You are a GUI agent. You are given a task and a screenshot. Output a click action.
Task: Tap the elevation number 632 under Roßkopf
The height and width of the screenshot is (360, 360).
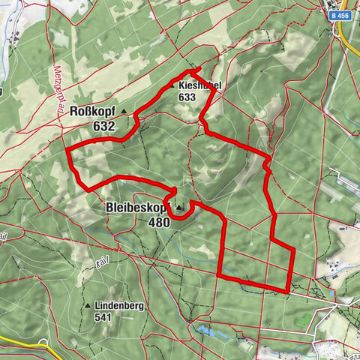[104, 126]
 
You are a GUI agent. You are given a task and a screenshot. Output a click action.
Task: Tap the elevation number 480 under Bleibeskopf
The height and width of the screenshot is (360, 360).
[158, 222]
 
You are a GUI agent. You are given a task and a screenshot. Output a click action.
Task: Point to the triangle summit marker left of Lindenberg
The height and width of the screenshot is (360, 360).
[89, 306]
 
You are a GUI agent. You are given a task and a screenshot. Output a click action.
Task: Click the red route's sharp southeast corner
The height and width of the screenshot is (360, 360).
[289, 289]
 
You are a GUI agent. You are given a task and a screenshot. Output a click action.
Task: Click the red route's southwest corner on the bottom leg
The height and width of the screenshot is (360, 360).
[220, 275]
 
